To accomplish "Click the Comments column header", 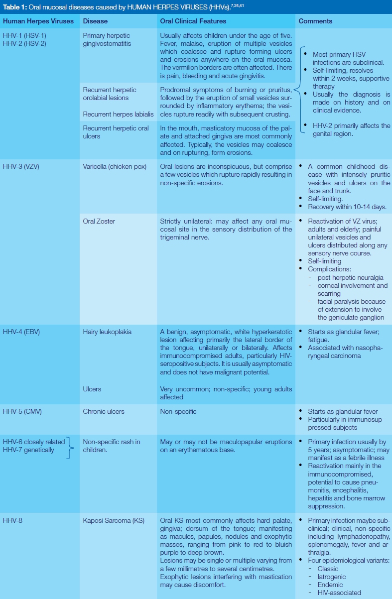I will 316,21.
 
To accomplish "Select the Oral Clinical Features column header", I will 193,21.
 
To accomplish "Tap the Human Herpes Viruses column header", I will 38,21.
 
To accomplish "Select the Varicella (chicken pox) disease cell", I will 115,166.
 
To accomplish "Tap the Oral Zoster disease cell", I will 99,221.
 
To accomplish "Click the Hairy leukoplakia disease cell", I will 107,332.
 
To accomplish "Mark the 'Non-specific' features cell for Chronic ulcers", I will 178,412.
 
